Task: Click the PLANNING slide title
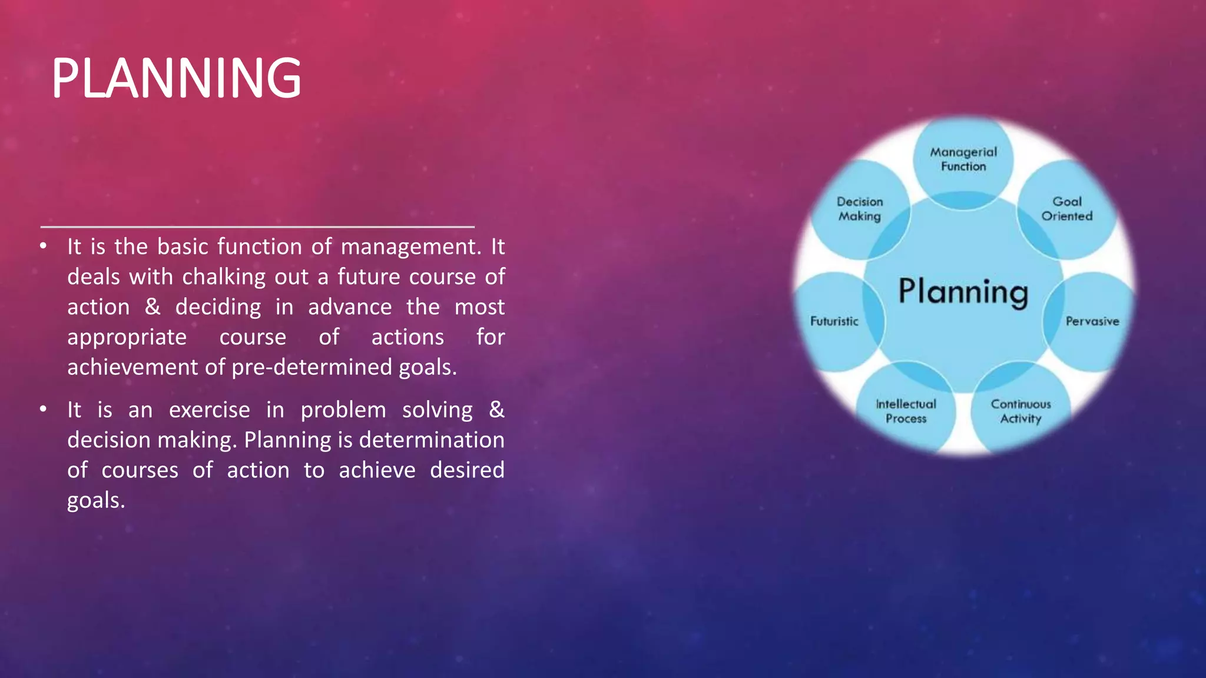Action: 176,78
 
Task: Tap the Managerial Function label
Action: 963,159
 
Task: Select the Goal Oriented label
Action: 1066,209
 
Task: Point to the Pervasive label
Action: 1092,321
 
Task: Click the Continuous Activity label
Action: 1021,411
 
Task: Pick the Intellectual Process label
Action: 906,411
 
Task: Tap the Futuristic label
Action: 834,321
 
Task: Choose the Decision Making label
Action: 860,209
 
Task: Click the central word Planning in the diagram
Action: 963,292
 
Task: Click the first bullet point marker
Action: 43,246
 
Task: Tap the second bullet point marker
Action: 43,409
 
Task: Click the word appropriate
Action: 127,337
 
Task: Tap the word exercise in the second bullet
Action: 209,410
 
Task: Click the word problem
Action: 343,410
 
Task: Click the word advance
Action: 350,307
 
